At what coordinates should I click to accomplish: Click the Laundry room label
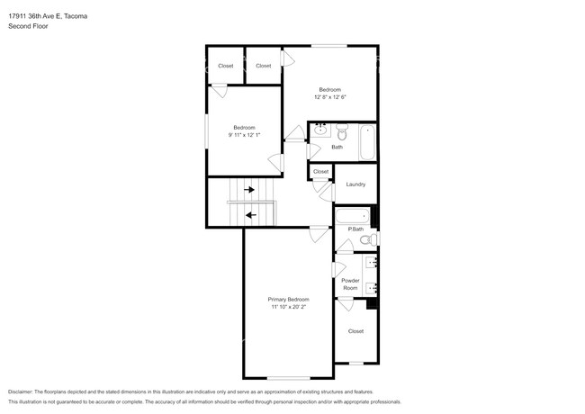point(355,184)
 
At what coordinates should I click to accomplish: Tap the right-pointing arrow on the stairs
point(249,190)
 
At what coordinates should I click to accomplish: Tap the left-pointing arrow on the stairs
point(249,215)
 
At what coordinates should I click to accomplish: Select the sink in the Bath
point(320,130)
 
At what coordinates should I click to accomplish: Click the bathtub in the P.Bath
point(353,216)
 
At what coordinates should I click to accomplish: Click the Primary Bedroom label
point(289,299)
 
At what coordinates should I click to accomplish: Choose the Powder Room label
point(350,284)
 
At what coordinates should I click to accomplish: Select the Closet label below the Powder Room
point(355,331)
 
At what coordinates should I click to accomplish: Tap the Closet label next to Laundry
point(320,171)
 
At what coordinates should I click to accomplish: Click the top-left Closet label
point(225,66)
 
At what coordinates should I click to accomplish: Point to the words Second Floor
point(28,27)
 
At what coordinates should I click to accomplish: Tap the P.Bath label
point(355,229)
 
